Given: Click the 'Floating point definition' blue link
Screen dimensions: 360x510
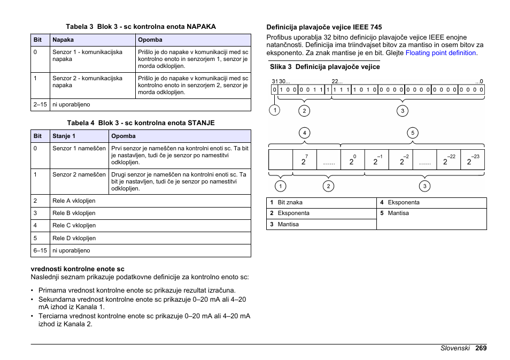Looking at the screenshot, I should pyautogui.click(x=441, y=53).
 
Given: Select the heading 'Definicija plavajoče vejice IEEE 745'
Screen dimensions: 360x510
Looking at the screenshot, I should pyautogui.click(x=324, y=27).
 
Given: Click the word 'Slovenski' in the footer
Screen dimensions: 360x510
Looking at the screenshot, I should pyautogui.click(x=455, y=348).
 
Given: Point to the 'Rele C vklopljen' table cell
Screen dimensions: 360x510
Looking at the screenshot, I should pyautogui.click(x=74, y=226).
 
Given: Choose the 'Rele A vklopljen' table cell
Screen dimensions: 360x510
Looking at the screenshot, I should pyautogui.click(x=74, y=201).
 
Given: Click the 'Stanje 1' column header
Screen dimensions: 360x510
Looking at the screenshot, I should pyautogui.click(x=64, y=136).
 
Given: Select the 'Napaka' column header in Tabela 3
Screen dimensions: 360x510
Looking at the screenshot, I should pyautogui.click(x=63, y=40).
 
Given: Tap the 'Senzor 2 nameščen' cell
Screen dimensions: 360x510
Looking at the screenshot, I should pyautogui.click(x=79, y=174).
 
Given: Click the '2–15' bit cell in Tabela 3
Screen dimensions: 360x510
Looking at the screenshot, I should pyautogui.click(x=40, y=105).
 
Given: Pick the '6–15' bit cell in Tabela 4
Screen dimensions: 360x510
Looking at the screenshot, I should pyautogui.click(x=40, y=250).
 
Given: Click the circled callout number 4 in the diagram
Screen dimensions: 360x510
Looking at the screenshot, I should pyautogui.click(x=304, y=133).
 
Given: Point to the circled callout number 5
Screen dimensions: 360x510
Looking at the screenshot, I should pyautogui.click(x=412, y=133).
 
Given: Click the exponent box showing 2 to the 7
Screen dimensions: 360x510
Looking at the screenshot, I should pyautogui.click(x=304, y=160).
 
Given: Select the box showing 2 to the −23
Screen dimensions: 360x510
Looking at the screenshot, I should pyautogui.click(x=472, y=160).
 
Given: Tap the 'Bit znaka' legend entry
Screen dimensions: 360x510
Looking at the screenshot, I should pyautogui.click(x=290, y=203).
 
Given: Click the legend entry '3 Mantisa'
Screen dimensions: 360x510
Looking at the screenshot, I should pyautogui.click(x=285, y=224).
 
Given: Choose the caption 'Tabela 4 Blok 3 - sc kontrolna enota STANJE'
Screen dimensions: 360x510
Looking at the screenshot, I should pyautogui.click(x=140, y=122).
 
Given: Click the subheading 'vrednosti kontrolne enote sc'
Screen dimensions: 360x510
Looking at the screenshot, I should pyautogui.click(x=78, y=269).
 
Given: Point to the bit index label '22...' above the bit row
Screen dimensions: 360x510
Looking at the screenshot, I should pyautogui.click(x=337, y=81).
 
